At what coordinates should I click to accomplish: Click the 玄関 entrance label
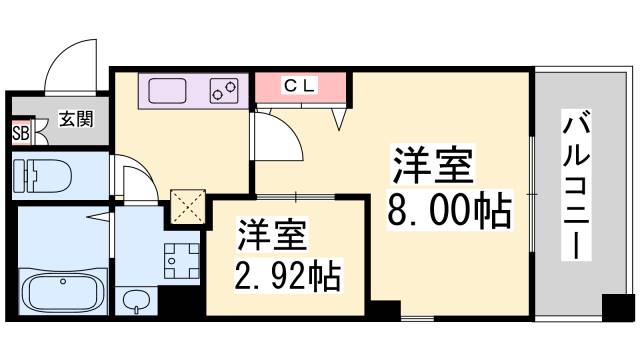tap(75, 120)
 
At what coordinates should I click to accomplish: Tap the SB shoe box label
tap(19, 130)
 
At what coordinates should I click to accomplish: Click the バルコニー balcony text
tap(575, 185)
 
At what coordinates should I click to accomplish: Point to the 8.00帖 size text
tap(449, 210)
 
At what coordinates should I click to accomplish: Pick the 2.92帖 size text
tap(288, 273)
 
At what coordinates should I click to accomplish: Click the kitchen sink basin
tap(175, 91)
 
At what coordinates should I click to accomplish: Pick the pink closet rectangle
tap(301, 87)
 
